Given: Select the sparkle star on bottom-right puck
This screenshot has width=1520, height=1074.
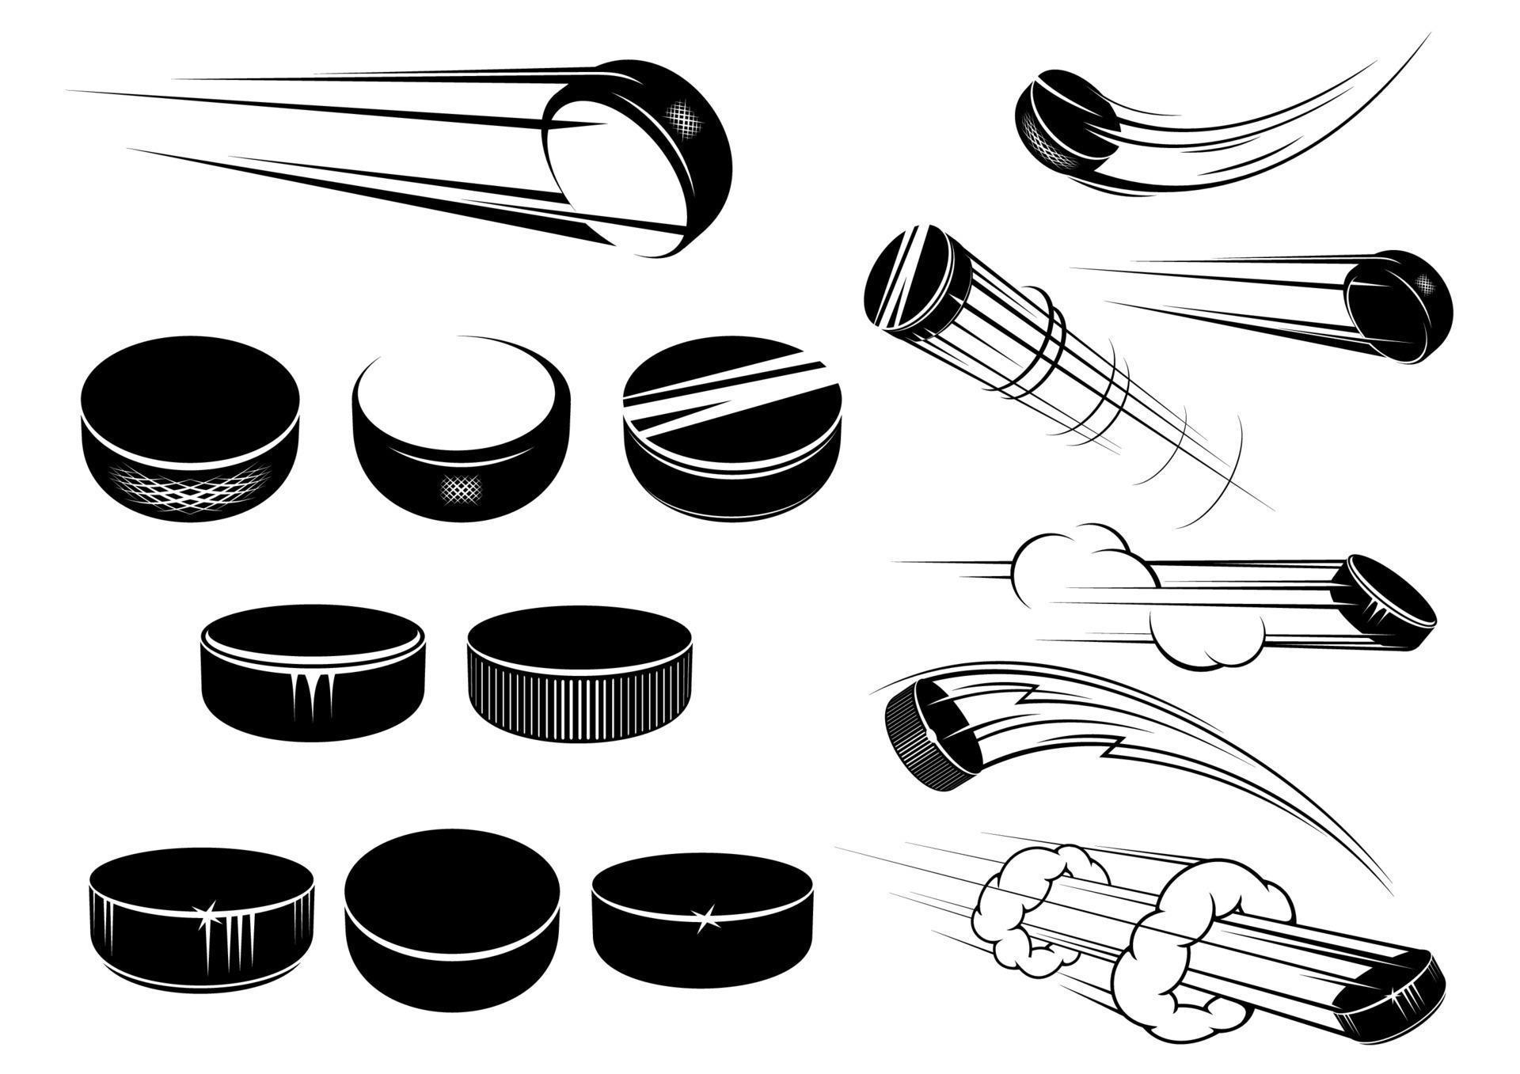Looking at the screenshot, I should click(703, 917).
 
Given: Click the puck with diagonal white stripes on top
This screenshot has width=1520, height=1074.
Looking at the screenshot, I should click(732, 427).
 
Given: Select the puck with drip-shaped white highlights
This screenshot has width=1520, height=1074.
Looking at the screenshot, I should click(313, 673).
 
